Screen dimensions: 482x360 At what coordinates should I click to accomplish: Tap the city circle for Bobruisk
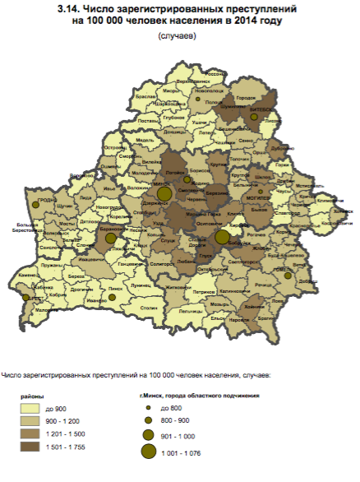click(x=221, y=237)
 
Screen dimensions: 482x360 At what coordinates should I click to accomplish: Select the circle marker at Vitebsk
click(x=254, y=117)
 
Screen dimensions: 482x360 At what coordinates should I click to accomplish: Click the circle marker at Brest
click(x=26, y=298)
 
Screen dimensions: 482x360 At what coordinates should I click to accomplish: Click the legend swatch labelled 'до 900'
click(x=35, y=408)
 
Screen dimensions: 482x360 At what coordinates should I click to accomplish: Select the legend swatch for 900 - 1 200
click(x=35, y=420)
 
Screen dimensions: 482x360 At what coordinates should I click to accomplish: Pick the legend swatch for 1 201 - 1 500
click(x=35, y=433)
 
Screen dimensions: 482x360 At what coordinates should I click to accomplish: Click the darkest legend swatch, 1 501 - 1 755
click(x=35, y=446)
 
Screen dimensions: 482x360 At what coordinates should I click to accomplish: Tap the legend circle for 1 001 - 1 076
click(x=148, y=452)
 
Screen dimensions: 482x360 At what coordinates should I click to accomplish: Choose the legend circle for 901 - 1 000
click(x=148, y=434)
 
